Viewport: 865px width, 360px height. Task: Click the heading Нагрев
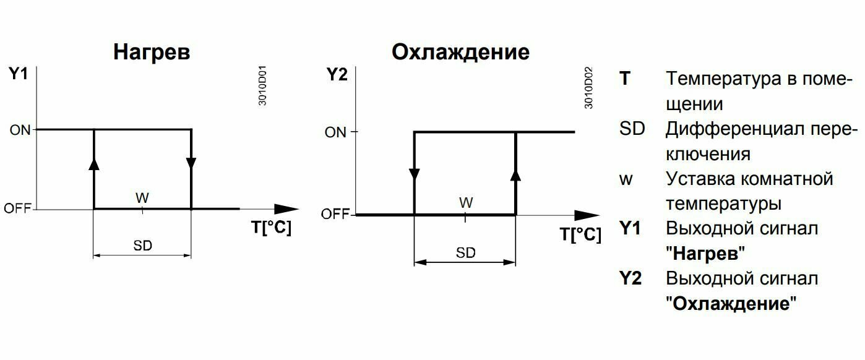pyautogui.click(x=152, y=53)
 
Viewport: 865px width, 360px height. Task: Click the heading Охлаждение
pyautogui.click(x=461, y=52)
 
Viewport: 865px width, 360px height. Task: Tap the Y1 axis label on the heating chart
pyautogui.click(x=19, y=75)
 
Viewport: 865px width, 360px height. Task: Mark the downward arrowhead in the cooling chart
pyautogui.click(x=414, y=175)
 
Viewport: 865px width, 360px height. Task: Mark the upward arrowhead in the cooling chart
pyautogui.click(x=515, y=174)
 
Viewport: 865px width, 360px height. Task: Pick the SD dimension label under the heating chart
pyautogui.click(x=143, y=246)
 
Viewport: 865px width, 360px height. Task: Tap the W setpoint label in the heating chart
pyautogui.click(x=143, y=197)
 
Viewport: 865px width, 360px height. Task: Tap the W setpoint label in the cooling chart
pyautogui.click(x=466, y=202)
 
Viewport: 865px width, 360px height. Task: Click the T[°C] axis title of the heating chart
pyautogui.click(x=270, y=228)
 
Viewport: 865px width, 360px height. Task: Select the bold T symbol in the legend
pyautogui.click(x=625, y=79)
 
